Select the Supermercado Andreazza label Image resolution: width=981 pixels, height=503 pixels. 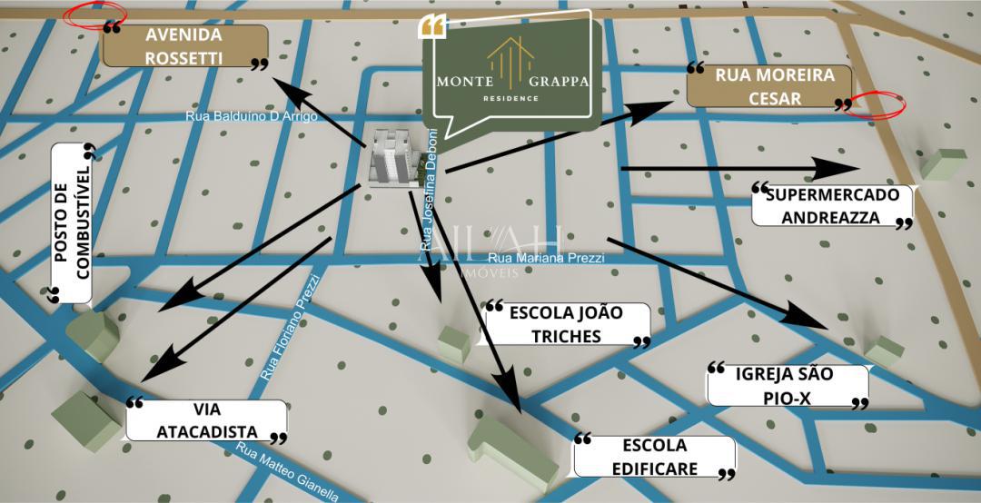(x=831, y=206)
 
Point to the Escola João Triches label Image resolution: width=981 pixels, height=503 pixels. (x=567, y=324)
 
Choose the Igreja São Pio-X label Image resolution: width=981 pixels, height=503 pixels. (x=788, y=385)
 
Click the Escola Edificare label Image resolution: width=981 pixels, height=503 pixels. (x=654, y=457)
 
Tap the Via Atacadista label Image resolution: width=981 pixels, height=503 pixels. (x=206, y=420)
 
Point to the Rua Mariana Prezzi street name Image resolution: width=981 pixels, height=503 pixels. (x=546, y=258)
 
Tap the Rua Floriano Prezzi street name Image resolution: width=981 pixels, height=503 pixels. (x=291, y=327)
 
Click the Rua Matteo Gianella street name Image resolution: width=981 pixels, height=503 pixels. (x=287, y=472)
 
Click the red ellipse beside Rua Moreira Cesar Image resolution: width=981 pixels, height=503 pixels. (x=874, y=104)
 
